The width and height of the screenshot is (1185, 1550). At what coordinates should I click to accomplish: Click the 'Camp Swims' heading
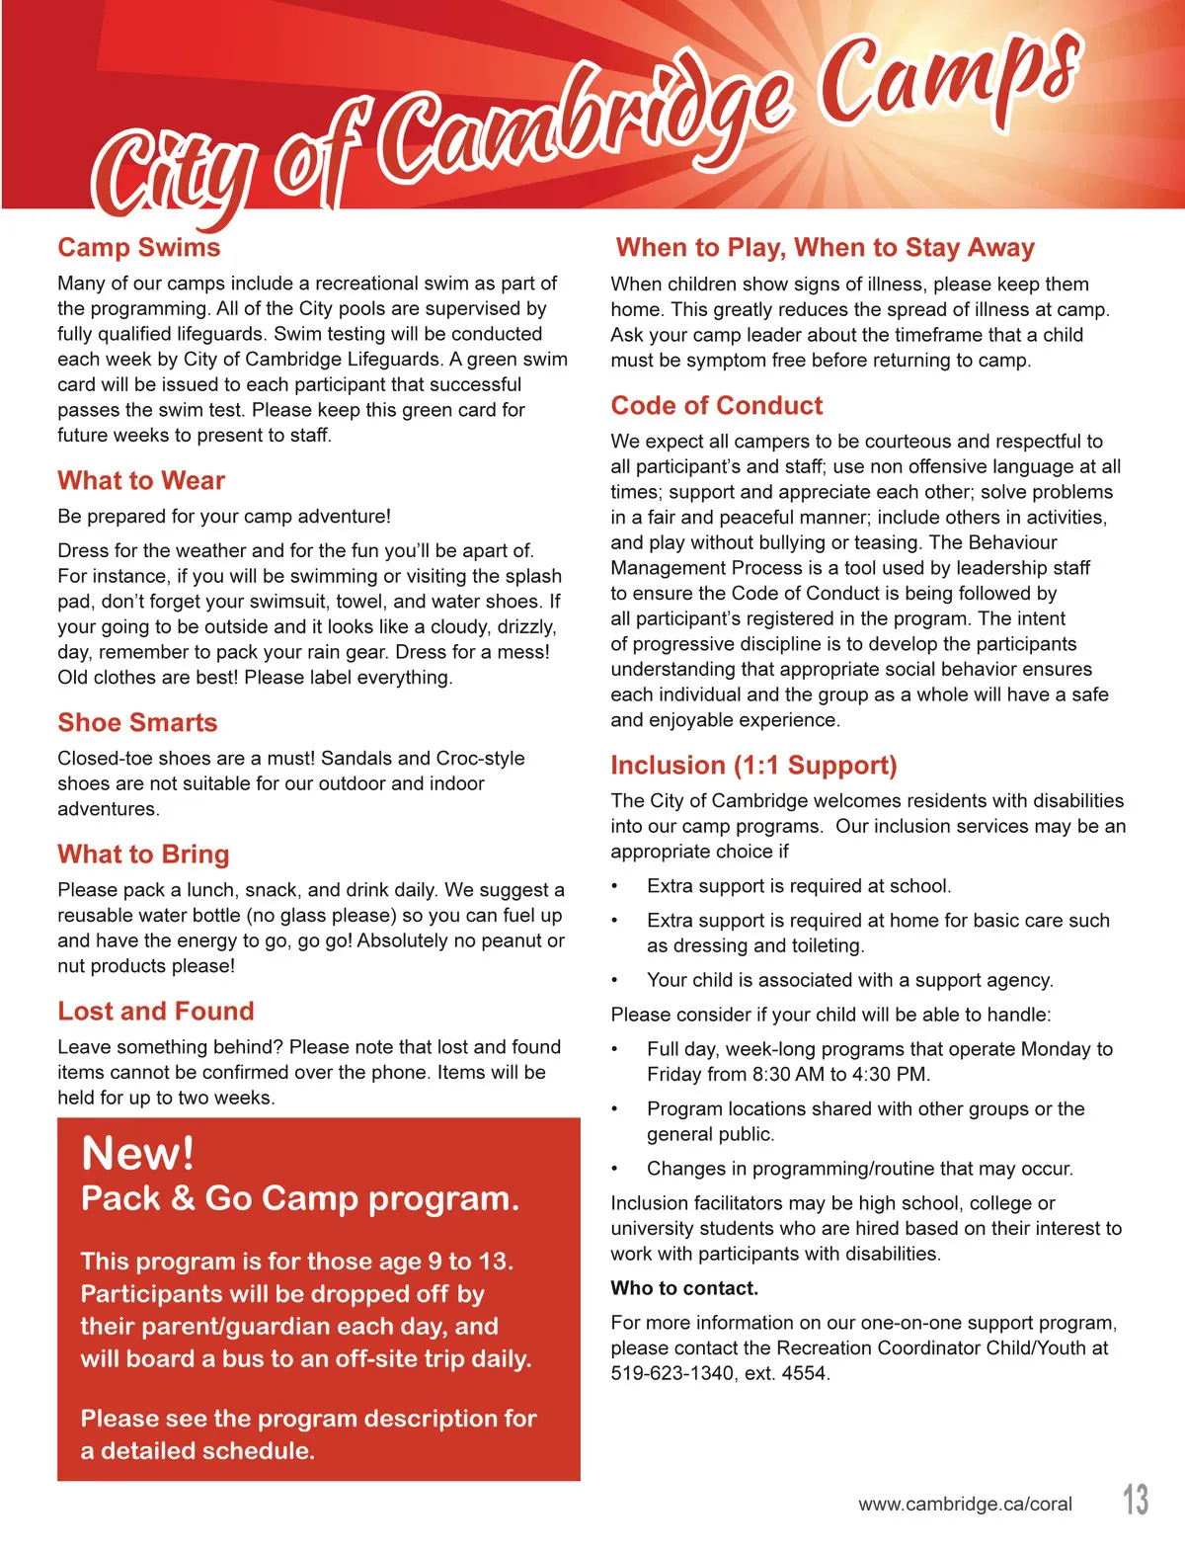tap(139, 248)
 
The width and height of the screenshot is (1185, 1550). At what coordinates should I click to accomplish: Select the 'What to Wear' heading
tap(141, 481)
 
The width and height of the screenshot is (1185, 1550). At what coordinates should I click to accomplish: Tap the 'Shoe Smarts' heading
tap(137, 723)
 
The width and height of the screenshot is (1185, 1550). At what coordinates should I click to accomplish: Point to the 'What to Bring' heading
tap(143, 855)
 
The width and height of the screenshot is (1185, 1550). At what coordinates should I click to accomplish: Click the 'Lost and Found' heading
tap(156, 1012)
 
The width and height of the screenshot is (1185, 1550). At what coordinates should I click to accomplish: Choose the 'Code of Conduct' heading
tap(716, 406)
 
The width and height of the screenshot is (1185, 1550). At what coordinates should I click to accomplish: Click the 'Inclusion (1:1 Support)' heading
tap(753, 766)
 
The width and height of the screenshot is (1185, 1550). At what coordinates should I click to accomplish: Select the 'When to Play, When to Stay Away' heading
tap(825, 248)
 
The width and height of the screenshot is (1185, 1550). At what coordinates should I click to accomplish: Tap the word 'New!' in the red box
tap(138, 1153)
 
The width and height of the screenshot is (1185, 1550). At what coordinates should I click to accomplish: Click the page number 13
tap(1136, 1500)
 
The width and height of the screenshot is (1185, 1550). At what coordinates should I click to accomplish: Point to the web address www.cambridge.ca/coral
tap(965, 1505)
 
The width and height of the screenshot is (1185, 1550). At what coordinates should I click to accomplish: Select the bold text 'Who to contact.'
tap(684, 1288)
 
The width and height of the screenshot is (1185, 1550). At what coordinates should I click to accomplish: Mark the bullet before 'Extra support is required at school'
tap(615, 887)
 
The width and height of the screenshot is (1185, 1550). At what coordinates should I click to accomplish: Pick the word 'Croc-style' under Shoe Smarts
tap(480, 759)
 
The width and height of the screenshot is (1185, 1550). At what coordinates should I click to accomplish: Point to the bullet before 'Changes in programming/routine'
tap(615, 1170)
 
